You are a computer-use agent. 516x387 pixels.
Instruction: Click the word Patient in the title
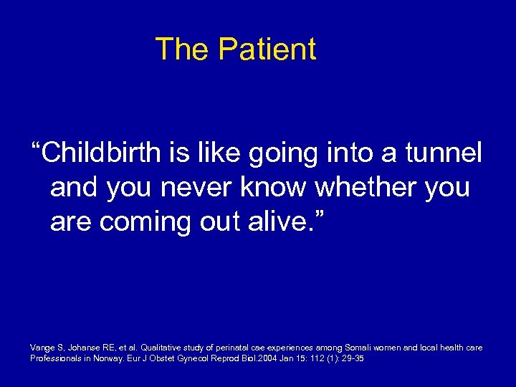click(267, 49)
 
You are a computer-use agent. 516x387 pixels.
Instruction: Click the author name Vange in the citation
click(42, 348)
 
